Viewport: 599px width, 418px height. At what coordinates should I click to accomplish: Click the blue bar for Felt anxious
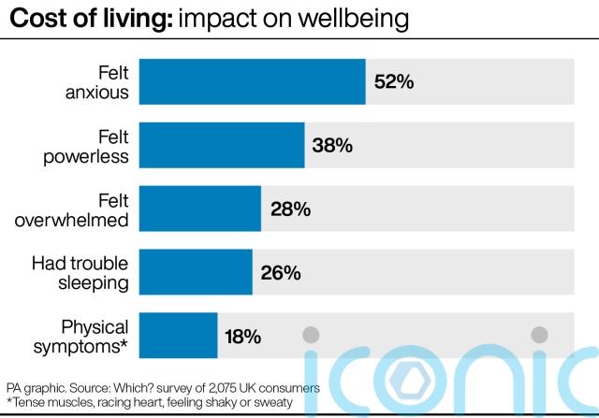coord(252,81)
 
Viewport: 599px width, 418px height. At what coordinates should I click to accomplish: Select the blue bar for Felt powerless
coord(222,145)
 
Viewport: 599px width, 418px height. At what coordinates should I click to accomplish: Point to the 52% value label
coord(393,82)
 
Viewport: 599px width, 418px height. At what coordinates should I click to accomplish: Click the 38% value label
coord(332,146)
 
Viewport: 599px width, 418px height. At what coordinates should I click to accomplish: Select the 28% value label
coord(289,209)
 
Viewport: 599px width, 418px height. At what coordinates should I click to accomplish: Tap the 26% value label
coord(280,273)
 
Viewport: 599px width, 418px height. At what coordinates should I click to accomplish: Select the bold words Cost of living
coord(86,18)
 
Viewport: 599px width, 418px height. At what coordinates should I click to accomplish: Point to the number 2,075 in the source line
coord(211,387)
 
